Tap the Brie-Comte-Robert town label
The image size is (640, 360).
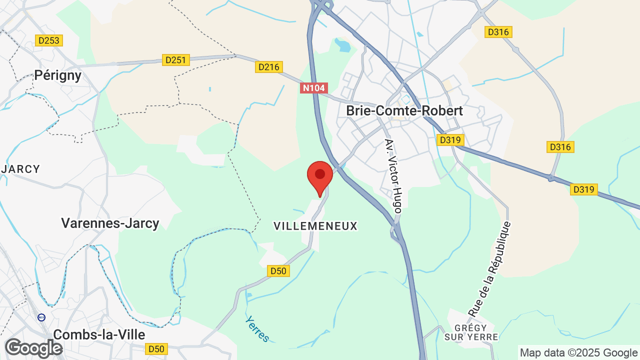tap(404, 110)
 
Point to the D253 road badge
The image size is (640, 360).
tap(49, 40)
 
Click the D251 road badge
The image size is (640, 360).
tap(175, 60)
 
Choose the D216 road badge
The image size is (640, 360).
tap(269, 66)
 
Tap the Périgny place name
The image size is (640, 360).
tap(58, 75)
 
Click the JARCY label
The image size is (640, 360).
tap(20, 169)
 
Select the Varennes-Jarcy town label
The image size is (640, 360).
tap(110, 223)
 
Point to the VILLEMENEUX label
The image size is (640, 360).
tap(315, 226)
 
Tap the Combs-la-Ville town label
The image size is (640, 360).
tap(99, 334)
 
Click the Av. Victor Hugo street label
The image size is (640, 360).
tap(393, 176)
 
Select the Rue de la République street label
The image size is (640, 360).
tap(490, 269)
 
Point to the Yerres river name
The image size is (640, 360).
tap(257, 329)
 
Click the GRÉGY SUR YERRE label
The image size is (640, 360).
tap(471, 331)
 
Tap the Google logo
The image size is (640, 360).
tap(33, 348)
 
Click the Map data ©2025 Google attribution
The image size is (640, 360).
tap(578, 353)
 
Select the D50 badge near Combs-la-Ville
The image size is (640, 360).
tap(156, 348)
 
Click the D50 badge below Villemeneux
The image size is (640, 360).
tap(278, 271)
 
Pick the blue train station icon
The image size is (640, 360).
tap(41, 317)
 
